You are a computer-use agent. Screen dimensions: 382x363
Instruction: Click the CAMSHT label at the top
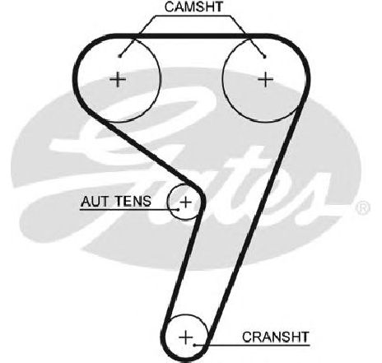point(193,7)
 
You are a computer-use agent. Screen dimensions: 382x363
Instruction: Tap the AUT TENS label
point(116,202)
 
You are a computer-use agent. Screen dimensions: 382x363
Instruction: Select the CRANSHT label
point(276,337)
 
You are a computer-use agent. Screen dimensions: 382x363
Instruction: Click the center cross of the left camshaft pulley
point(118,79)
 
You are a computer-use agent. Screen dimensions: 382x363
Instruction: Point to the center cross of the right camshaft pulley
point(265,79)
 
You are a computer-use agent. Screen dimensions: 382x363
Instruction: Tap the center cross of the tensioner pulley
point(186,202)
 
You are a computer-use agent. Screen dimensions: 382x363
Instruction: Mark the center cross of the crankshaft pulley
point(186,337)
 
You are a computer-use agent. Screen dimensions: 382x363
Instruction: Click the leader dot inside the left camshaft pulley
point(119,56)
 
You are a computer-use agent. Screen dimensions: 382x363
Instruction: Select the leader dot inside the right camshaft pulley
point(264,57)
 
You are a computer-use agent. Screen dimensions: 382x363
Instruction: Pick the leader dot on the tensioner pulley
point(178,209)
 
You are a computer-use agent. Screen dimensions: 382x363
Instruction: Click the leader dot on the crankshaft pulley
point(194,345)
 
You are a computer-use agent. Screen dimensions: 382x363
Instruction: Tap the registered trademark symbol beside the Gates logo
point(362,207)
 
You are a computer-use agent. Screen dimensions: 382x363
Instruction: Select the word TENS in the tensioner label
point(133,202)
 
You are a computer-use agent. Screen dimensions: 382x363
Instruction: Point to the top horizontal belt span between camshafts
point(192,36)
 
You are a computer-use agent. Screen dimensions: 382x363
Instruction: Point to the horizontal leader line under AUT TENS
point(129,210)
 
